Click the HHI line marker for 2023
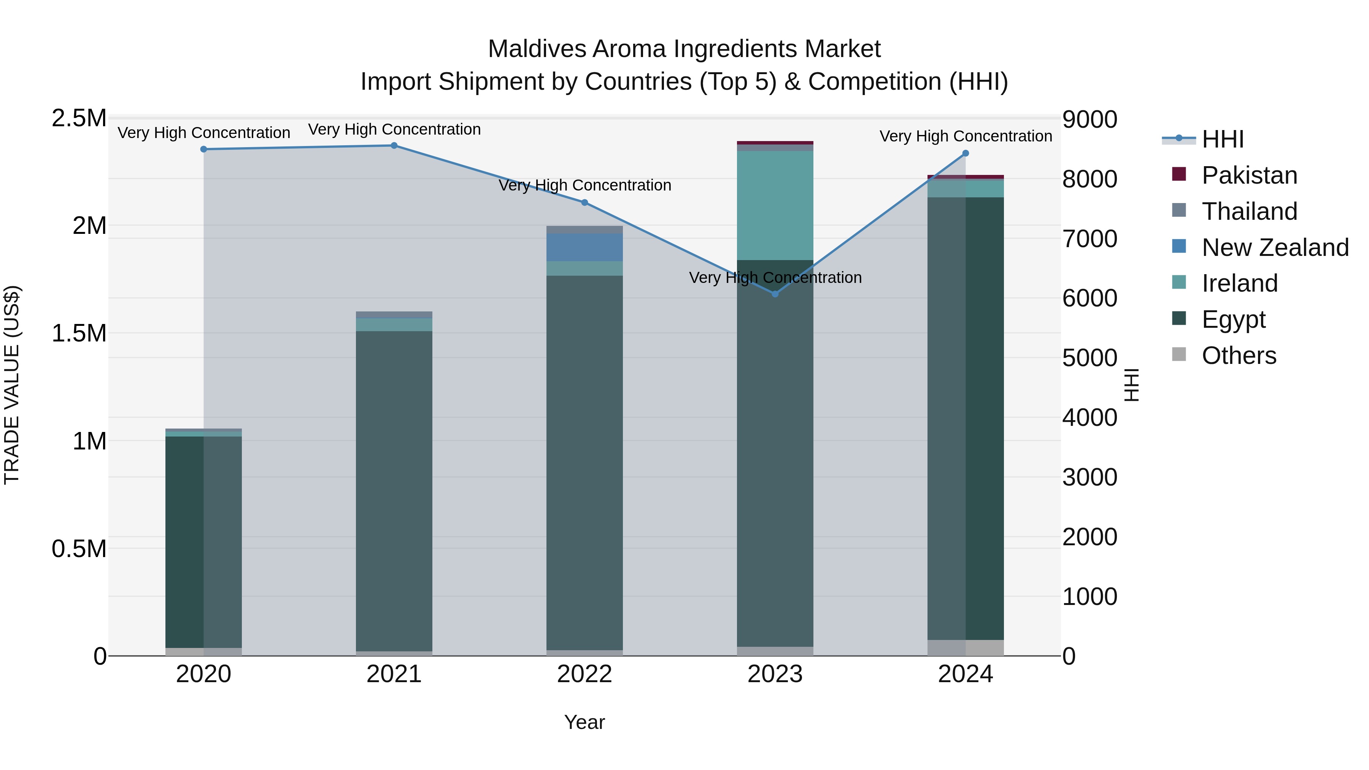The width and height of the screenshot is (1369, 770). [x=775, y=294]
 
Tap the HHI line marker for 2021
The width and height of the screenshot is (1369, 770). [x=394, y=146]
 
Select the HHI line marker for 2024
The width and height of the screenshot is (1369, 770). [x=966, y=154]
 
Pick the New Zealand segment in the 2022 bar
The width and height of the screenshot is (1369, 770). [x=584, y=247]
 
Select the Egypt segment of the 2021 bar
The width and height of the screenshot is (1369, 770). [x=394, y=489]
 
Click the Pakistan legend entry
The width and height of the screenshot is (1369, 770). [x=1249, y=175]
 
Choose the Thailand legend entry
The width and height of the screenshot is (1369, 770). [x=1249, y=211]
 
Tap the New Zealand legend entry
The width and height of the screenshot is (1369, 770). [x=1274, y=248]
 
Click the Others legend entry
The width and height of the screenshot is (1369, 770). [x=1238, y=356]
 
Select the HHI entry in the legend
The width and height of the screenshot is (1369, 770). [x=1222, y=139]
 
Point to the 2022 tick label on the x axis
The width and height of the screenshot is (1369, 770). [x=584, y=674]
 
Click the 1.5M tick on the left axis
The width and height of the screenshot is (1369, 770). [x=79, y=334]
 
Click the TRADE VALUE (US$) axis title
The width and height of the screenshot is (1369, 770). [x=12, y=385]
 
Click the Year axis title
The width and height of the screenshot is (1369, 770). [x=584, y=722]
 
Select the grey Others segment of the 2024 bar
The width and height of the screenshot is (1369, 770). [x=966, y=648]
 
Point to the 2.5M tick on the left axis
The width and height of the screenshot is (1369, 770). [x=79, y=119]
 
